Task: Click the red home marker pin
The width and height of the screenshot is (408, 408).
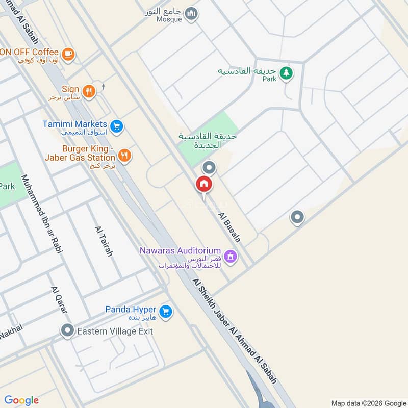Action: point(204,184)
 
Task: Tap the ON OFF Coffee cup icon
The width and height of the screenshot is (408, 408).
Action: point(68,53)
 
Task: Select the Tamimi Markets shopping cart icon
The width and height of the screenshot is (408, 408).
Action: point(117,125)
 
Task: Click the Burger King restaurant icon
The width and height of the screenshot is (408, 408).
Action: point(124,155)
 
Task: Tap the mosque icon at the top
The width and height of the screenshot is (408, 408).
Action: point(191,14)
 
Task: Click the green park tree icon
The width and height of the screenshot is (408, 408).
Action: point(286,73)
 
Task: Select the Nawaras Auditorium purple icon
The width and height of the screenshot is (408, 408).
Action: point(231,256)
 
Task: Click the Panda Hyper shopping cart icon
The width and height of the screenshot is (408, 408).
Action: point(165,311)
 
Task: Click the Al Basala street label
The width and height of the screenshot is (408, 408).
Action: point(229,226)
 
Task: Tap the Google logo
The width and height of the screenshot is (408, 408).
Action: point(21,400)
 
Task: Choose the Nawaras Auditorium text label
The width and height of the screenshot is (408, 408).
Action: point(181,251)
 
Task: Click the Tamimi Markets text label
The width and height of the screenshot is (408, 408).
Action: point(74,124)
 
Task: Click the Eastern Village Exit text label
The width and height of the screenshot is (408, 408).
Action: point(115,331)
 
